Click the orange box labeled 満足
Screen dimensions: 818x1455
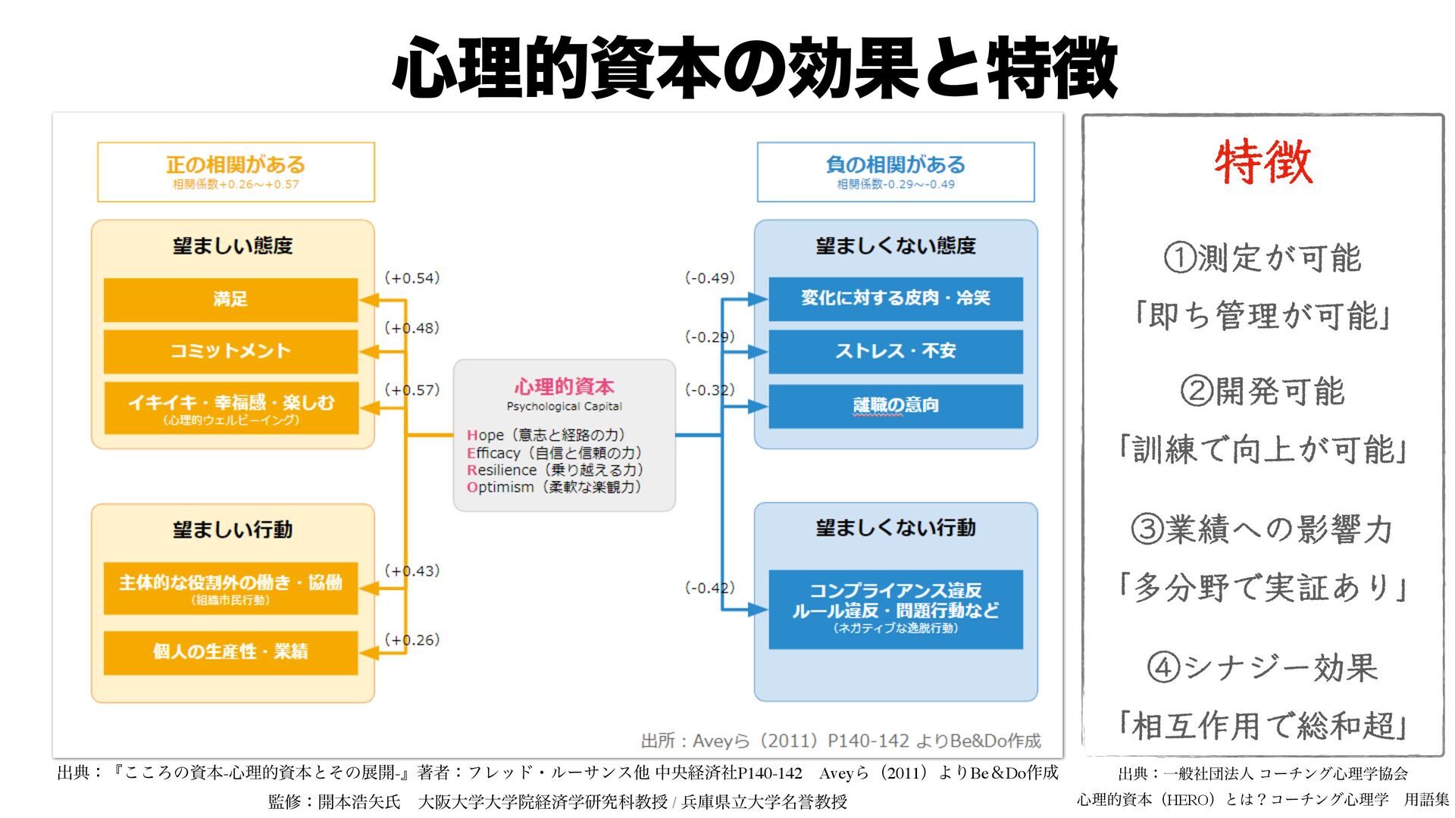pyautogui.click(x=230, y=299)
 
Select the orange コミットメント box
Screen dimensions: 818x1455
pyautogui.click(x=230, y=351)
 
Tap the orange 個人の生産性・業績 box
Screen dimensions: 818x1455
pyautogui.click(x=230, y=652)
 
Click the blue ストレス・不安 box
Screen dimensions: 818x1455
pyautogui.click(x=895, y=351)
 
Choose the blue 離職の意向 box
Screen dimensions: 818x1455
pyautogui.click(x=895, y=406)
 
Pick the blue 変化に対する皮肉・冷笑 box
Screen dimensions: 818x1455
pyautogui.click(x=895, y=298)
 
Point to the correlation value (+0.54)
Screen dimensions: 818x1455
pyautogui.click(x=412, y=278)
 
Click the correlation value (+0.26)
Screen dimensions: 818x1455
pyautogui.click(x=412, y=640)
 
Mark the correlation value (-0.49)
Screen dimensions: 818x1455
pyautogui.click(x=710, y=278)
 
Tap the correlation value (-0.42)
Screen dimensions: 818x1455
pyautogui.click(x=710, y=588)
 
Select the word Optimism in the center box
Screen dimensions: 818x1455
pyautogui.click(x=500, y=488)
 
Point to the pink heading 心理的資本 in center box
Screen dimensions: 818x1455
pyautogui.click(x=565, y=387)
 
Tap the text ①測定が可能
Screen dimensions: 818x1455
pyautogui.click(x=1263, y=258)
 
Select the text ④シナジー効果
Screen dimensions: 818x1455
pyautogui.click(x=1263, y=668)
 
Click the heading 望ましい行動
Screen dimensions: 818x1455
pyautogui.click(x=233, y=529)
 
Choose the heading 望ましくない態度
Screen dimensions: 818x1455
pyautogui.click(x=896, y=245)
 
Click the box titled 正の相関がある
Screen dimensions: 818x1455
pyautogui.click(x=236, y=172)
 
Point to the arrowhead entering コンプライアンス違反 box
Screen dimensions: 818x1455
pyautogui.click(x=759, y=610)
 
